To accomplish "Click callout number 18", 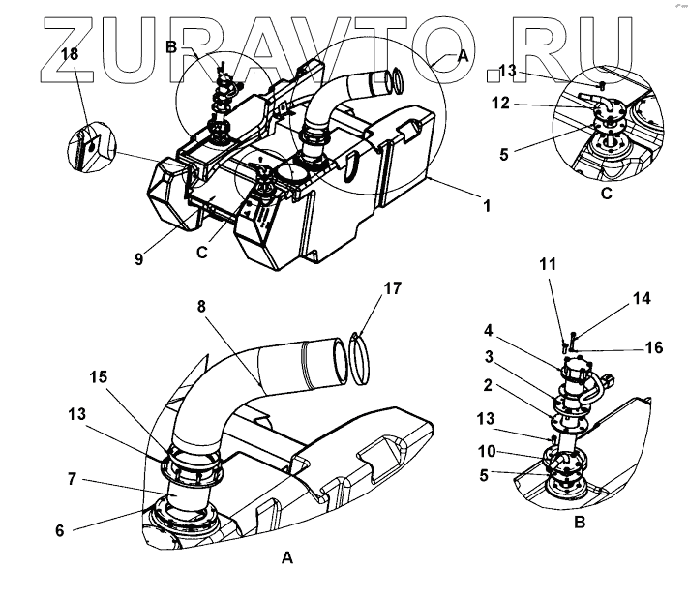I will point(70,54).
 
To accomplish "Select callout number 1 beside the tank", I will point(487,206).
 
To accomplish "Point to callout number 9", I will point(139,259).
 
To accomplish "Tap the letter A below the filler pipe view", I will point(285,558).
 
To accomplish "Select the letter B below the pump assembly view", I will point(577,524).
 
